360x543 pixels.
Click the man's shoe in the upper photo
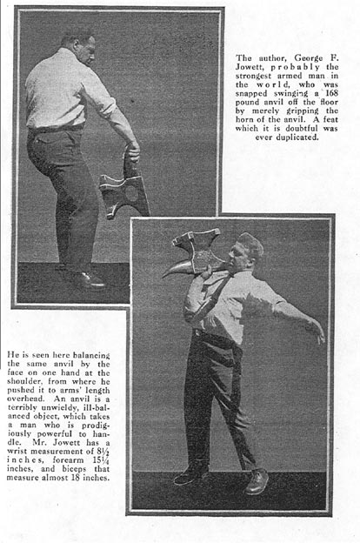pyautogui.click(x=89, y=279)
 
